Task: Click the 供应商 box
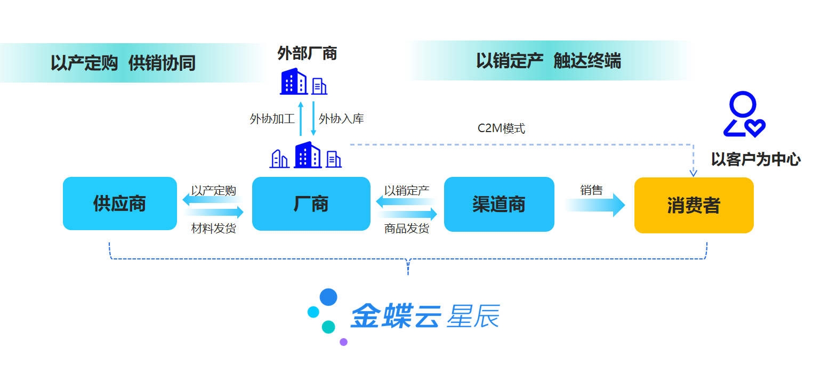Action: (x=120, y=204)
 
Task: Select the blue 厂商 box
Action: (x=311, y=204)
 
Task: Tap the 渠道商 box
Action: (x=499, y=204)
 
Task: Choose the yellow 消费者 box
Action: (x=694, y=205)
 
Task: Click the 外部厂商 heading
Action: (x=307, y=53)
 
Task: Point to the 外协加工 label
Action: (x=272, y=119)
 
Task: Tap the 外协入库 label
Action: (x=341, y=119)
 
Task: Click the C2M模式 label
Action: (x=501, y=128)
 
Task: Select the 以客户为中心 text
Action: (x=756, y=159)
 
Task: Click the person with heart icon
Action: (x=744, y=115)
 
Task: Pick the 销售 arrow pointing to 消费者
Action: (x=595, y=205)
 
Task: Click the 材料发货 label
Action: (x=213, y=229)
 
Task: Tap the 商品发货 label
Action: (x=406, y=229)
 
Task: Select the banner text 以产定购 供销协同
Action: (x=123, y=63)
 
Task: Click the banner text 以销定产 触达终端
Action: (x=548, y=61)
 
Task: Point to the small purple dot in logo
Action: (x=343, y=342)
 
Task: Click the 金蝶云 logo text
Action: (x=396, y=316)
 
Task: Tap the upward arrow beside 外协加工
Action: (x=301, y=119)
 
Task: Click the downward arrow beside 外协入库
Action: (x=313, y=119)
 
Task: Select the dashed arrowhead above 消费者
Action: (x=693, y=173)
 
